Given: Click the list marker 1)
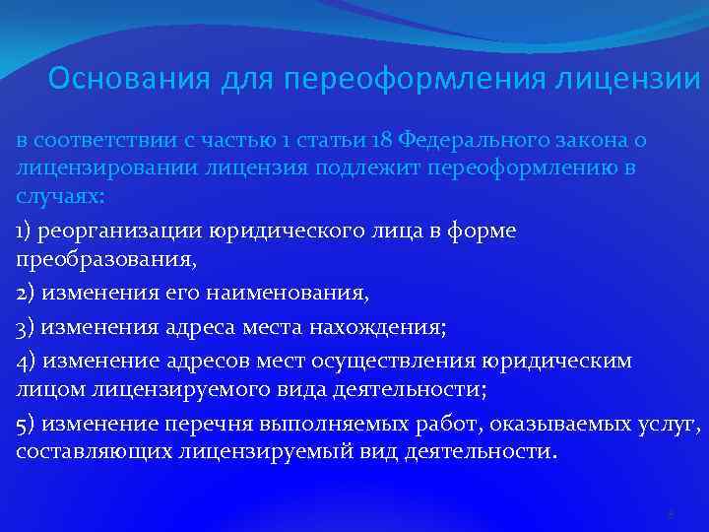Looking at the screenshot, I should (x=26, y=231).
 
